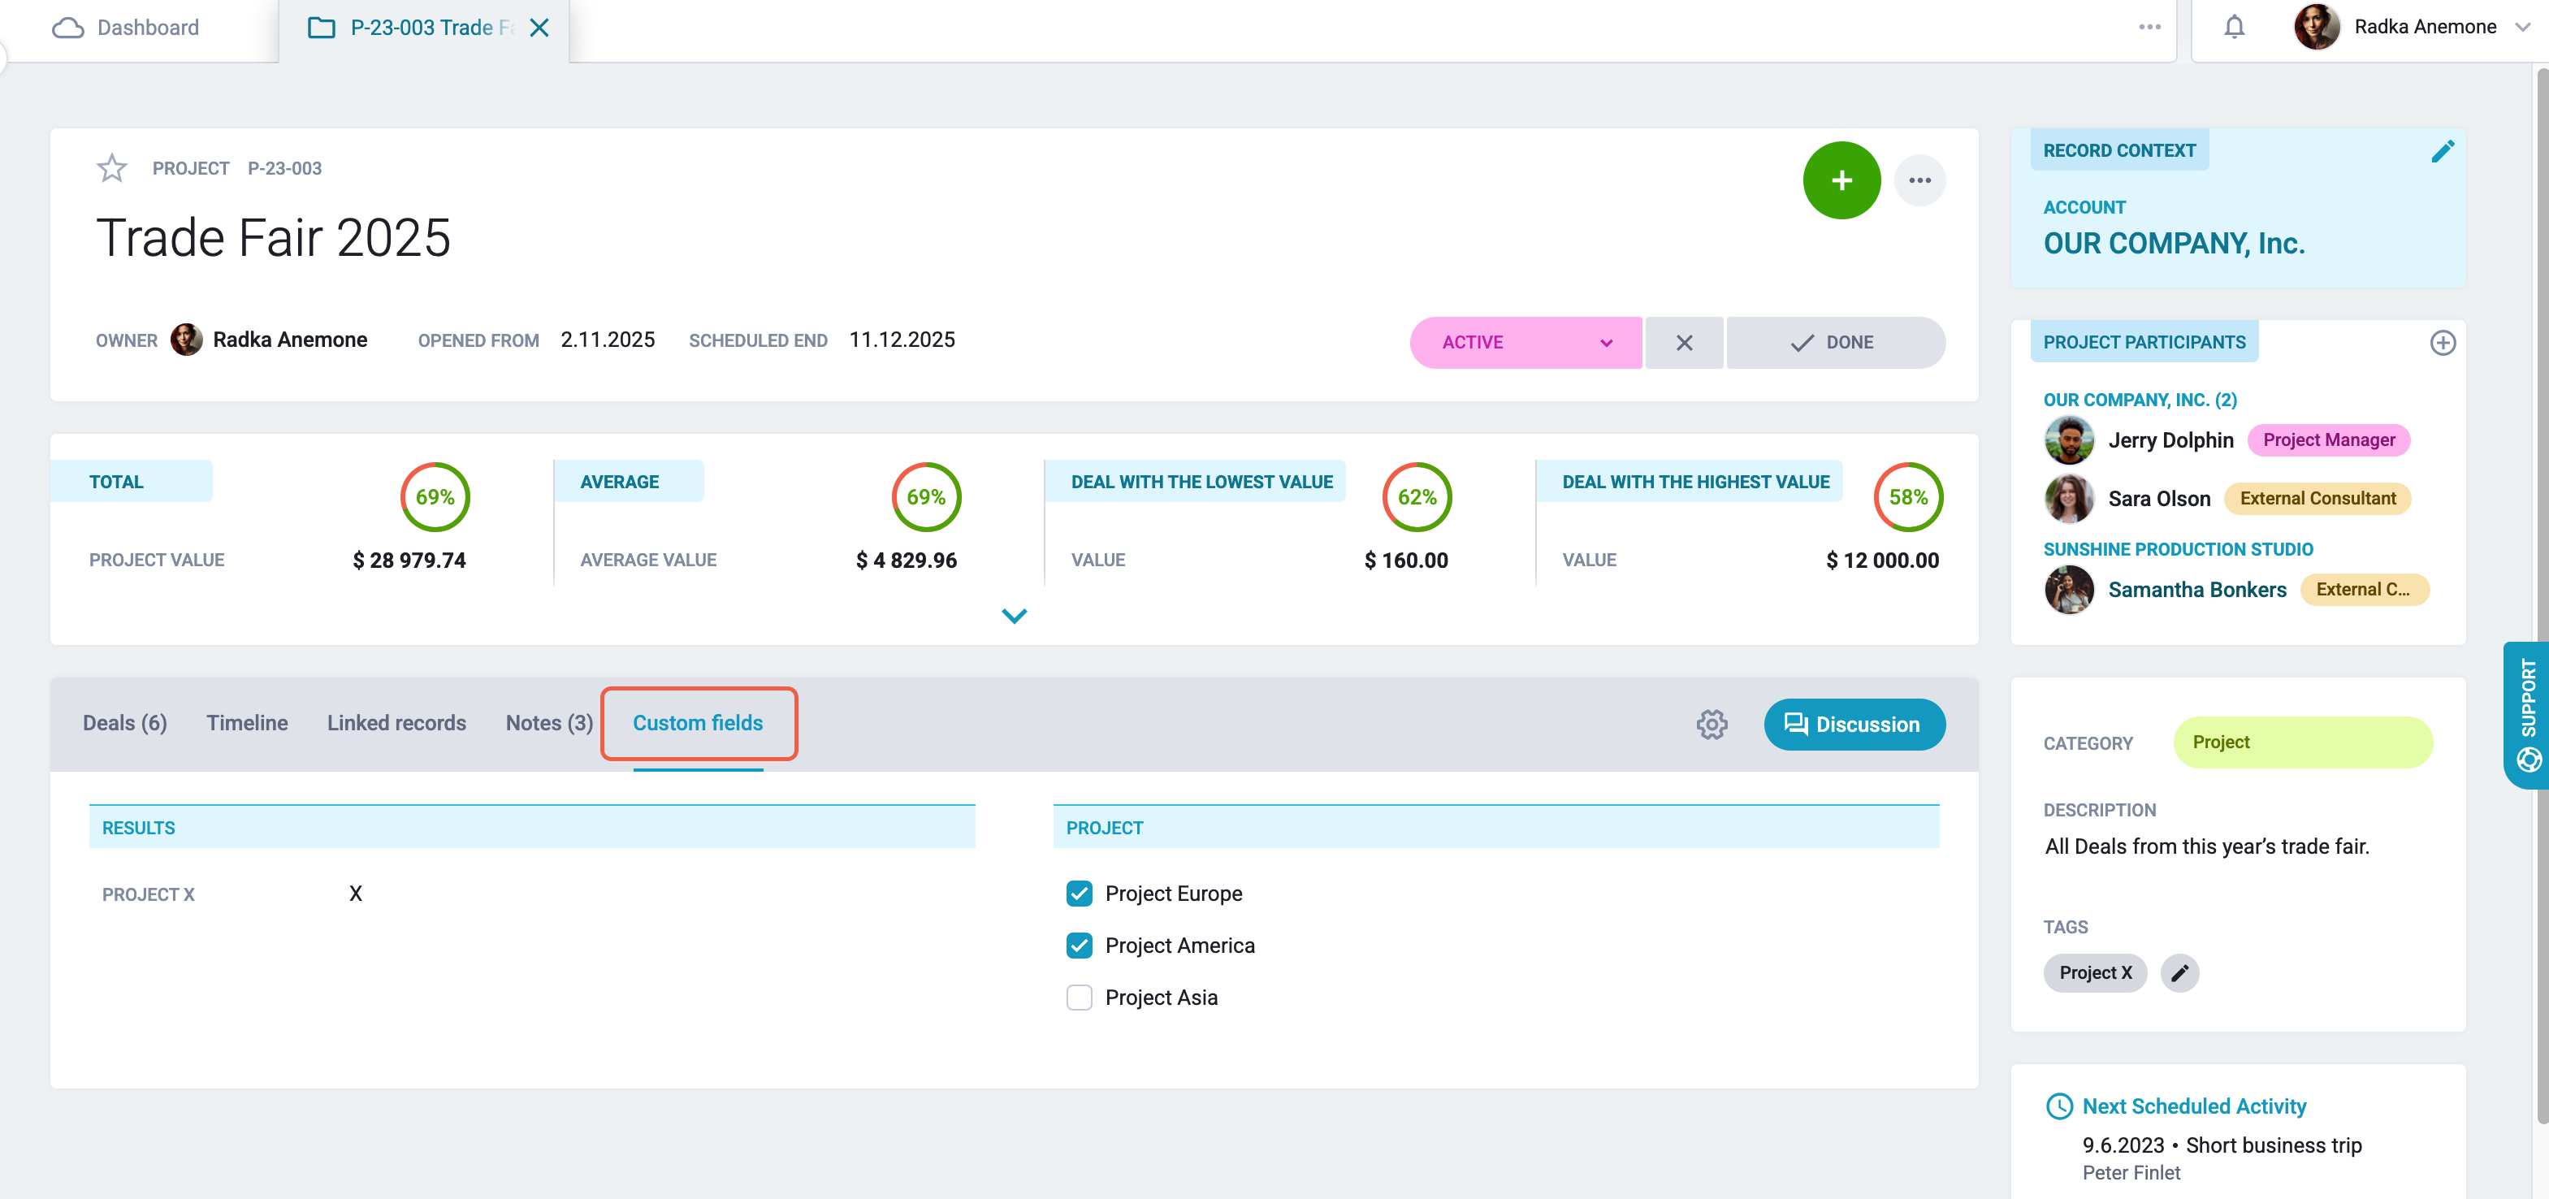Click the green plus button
[1841, 180]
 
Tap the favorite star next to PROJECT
[112, 168]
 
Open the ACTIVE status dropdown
[1526, 342]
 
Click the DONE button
[1836, 342]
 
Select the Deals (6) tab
[124, 723]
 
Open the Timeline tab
[248, 723]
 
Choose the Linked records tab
[396, 723]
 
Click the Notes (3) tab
[549, 723]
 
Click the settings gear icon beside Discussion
[1712, 724]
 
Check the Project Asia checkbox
[1080, 998]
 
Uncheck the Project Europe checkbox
[1080, 894]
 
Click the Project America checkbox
[1080, 946]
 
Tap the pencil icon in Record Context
[2442, 151]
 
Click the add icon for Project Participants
[2442, 342]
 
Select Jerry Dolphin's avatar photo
[2069, 440]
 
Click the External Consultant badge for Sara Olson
[2317, 499]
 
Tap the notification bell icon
[2235, 27]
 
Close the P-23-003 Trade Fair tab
[539, 28]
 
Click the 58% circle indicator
[1908, 496]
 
